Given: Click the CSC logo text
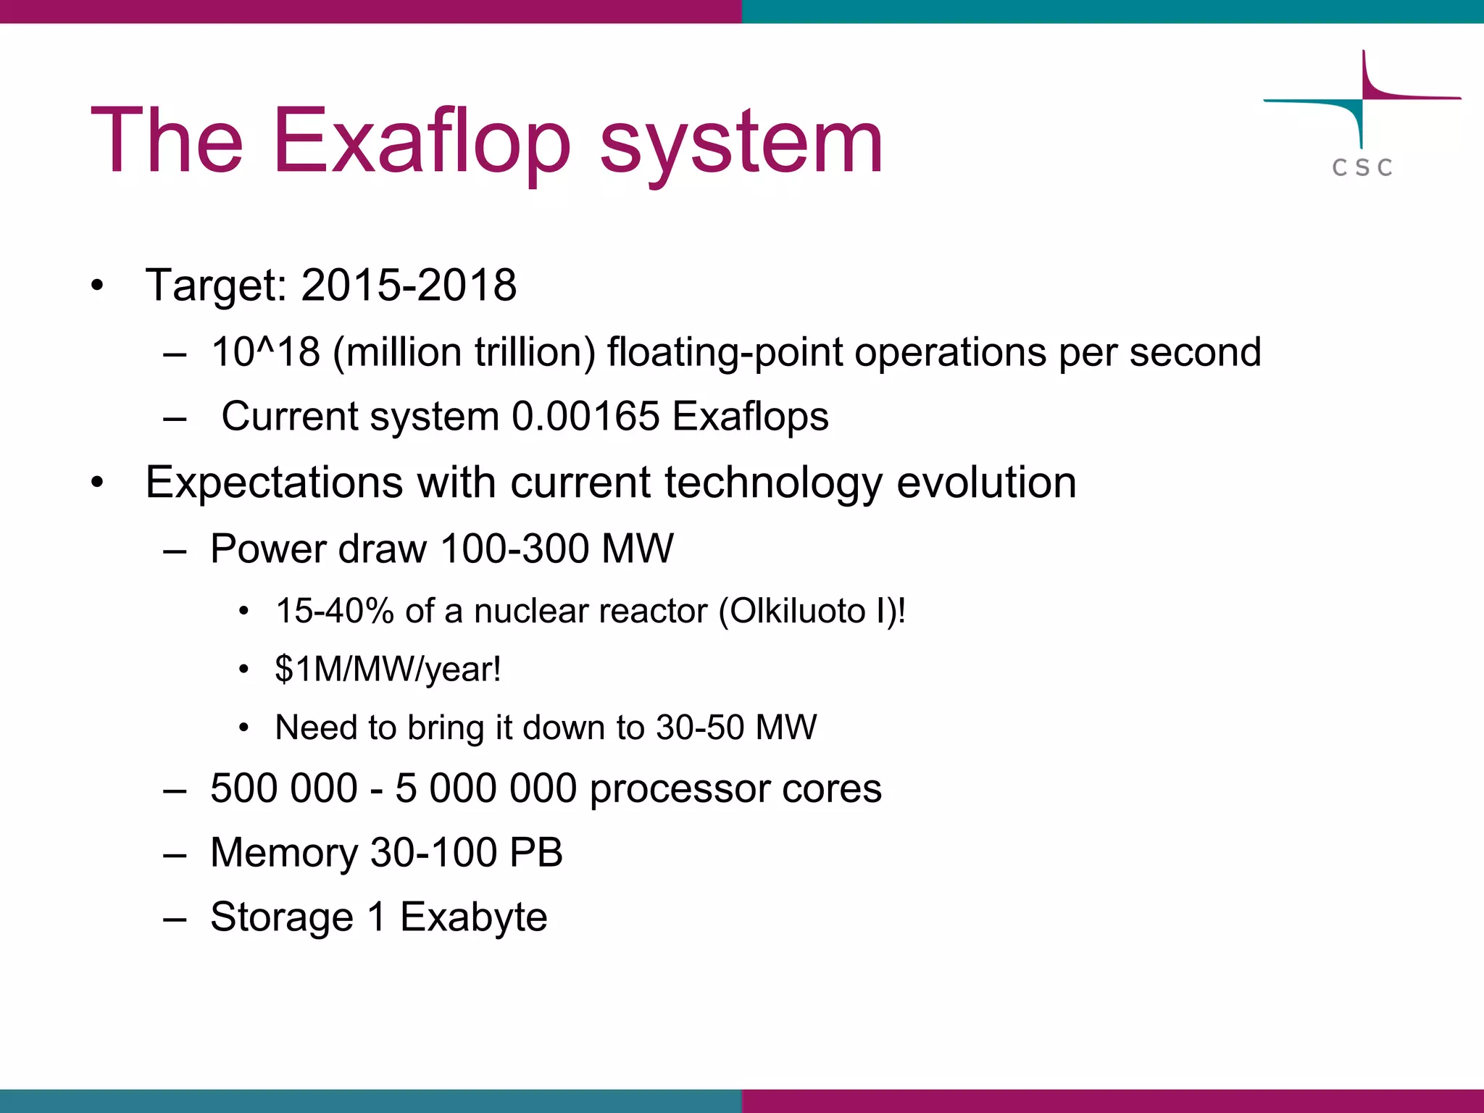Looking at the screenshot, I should point(1362,168).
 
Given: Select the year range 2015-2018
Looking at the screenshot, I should point(409,285).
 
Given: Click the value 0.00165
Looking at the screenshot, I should point(585,417).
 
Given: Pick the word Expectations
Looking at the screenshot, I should point(274,483).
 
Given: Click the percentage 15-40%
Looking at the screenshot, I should point(335,611).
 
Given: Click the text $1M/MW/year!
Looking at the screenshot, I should point(388,669).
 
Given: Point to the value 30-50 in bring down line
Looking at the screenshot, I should point(699,728).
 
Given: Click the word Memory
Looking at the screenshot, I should point(283,853).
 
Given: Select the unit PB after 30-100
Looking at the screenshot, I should point(535,853).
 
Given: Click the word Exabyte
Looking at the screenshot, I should point(473,917).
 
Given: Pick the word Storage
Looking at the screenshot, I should point(282,918).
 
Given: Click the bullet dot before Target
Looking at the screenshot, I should point(97,285).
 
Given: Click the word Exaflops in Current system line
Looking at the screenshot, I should point(750,417).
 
